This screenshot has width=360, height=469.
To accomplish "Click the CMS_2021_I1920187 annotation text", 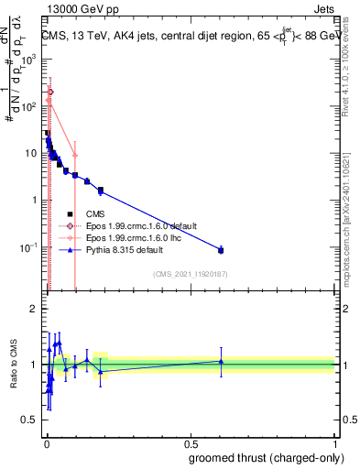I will (x=189, y=273).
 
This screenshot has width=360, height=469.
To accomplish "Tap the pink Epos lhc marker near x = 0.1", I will (x=75, y=156).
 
